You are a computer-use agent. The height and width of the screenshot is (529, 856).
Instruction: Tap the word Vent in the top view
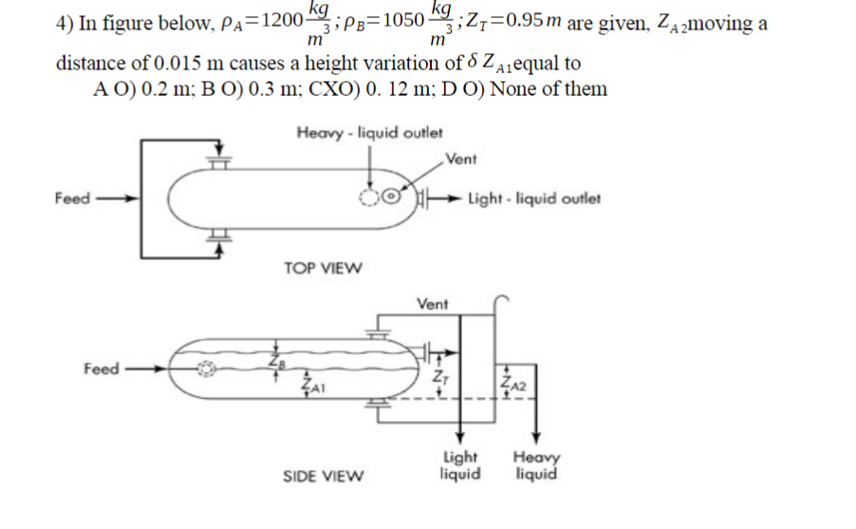point(461,158)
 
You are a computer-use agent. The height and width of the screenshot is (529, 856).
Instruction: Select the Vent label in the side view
point(432,304)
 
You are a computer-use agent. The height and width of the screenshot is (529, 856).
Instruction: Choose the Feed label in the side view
point(101,368)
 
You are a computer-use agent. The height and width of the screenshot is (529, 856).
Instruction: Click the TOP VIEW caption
point(323,268)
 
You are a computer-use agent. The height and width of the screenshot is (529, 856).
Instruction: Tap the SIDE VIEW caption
point(324,475)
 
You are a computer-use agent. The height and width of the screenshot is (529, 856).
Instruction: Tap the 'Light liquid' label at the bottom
point(460,465)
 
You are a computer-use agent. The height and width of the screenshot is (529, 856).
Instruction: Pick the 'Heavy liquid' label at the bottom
point(537,465)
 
